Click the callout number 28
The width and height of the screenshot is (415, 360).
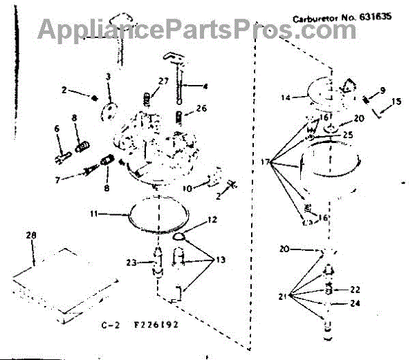30,237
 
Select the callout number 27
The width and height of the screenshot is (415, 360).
163,82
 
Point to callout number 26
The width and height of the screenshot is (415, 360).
201,108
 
